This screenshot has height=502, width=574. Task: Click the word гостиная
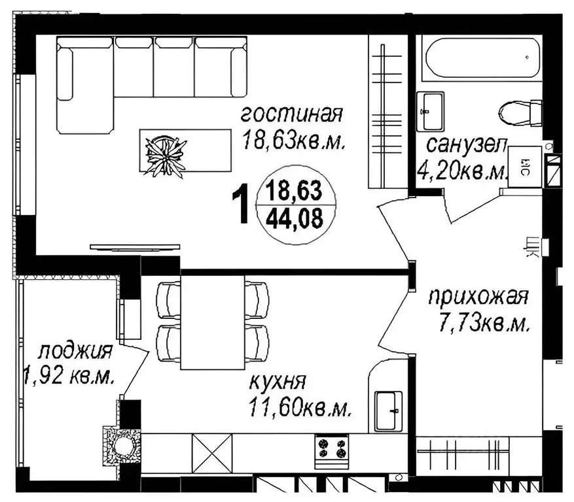click(291, 114)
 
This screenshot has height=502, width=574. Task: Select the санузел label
click(467, 145)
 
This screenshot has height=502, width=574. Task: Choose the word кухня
click(277, 382)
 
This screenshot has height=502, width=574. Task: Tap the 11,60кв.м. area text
click(300, 407)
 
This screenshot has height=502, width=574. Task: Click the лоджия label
click(75, 352)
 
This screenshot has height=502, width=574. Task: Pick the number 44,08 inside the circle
click(295, 218)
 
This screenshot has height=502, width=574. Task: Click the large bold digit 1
click(241, 203)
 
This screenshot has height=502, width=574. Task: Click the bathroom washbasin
click(431, 111)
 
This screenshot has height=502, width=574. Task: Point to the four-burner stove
click(332, 451)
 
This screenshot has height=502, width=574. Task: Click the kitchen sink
click(388, 410)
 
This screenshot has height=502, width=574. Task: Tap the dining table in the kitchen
click(212, 322)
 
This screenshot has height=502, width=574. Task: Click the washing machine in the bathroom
click(525, 167)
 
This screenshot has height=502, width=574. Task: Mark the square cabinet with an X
click(212, 454)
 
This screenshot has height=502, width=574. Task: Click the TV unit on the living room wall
click(135, 248)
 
